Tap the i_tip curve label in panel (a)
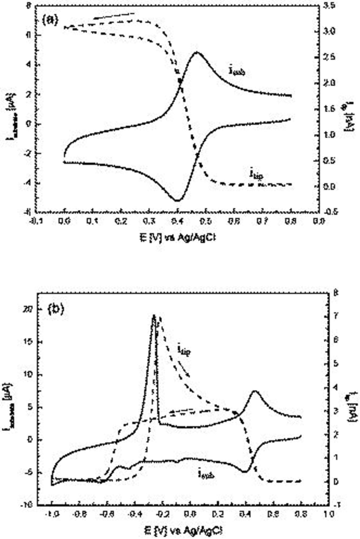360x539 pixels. point(256,174)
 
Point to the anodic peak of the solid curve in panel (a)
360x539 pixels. point(197,52)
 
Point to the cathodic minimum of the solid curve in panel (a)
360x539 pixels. point(177,200)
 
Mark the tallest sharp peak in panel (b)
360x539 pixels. point(154,316)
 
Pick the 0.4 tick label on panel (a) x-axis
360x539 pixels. point(178,222)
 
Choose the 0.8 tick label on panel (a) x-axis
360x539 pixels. point(291,222)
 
